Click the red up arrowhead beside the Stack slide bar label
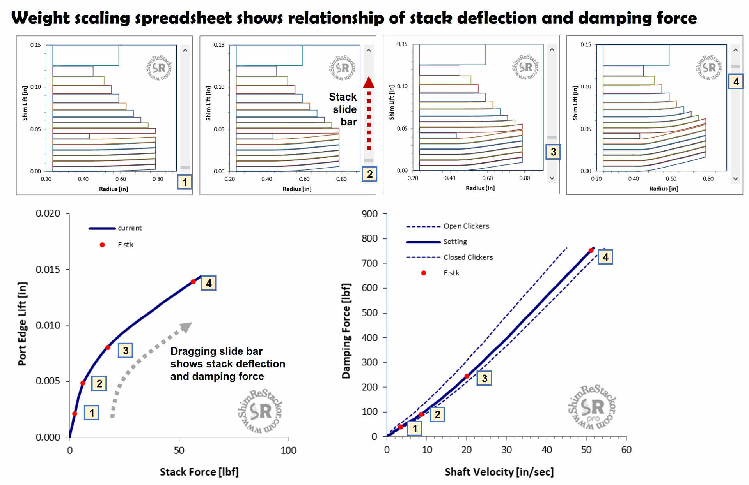(369, 82)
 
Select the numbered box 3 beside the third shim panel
(553, 152)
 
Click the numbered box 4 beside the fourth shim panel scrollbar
(736, 81)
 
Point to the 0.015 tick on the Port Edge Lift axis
(48, 270)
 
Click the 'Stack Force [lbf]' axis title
(199, 472)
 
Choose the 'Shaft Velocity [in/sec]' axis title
(499, 472)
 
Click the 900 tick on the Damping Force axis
(369, 214)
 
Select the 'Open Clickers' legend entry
(466, 226)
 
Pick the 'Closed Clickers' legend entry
(468, 257)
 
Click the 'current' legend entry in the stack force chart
(130, 228)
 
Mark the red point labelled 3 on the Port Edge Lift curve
(108, 347)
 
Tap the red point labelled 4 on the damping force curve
(591, 250)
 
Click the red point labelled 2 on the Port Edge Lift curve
(83, 383)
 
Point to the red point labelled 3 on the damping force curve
(467, 376)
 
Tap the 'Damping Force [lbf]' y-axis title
(346, 331)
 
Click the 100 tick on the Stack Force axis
(288, 451)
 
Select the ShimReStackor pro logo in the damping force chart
(591, 407)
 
